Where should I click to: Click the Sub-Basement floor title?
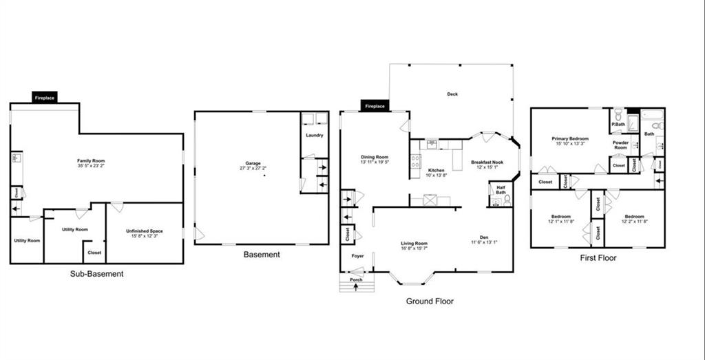96,273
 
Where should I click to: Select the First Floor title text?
597,258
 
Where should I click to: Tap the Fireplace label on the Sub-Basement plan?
45,98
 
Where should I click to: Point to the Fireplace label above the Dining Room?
375,107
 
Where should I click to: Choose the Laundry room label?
315,136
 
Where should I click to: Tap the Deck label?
452,94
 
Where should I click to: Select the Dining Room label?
375,157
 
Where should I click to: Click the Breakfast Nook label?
487,162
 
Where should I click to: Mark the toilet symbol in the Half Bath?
507,201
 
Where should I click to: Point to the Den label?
485,237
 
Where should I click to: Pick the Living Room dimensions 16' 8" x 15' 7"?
415,248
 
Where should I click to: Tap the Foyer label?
357,255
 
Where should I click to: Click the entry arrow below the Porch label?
356,287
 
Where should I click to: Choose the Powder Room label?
620,145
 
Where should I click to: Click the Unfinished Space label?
144,231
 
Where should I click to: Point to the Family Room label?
91,161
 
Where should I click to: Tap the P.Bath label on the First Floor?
618,125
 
